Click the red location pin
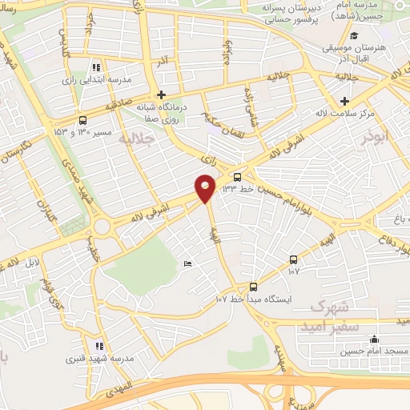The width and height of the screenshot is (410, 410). click(206, 187)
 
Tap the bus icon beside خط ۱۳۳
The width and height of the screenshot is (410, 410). click(237, 177)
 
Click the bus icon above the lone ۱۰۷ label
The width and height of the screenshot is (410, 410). click(293, 259)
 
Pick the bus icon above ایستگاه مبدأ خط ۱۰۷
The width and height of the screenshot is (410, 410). click(253, 287)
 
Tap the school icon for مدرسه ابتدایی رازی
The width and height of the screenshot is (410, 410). click(97, 68)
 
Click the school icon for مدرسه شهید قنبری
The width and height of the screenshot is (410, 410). click(98, 346)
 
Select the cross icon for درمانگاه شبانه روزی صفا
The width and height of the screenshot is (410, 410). click(161, 94)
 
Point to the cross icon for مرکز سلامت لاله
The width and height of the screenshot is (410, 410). click(344, 101)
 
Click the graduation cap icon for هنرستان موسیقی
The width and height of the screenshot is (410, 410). click(353, 35)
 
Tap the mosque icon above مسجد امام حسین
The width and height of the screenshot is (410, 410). click(373, 340)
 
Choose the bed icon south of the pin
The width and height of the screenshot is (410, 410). click(187, 264)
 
